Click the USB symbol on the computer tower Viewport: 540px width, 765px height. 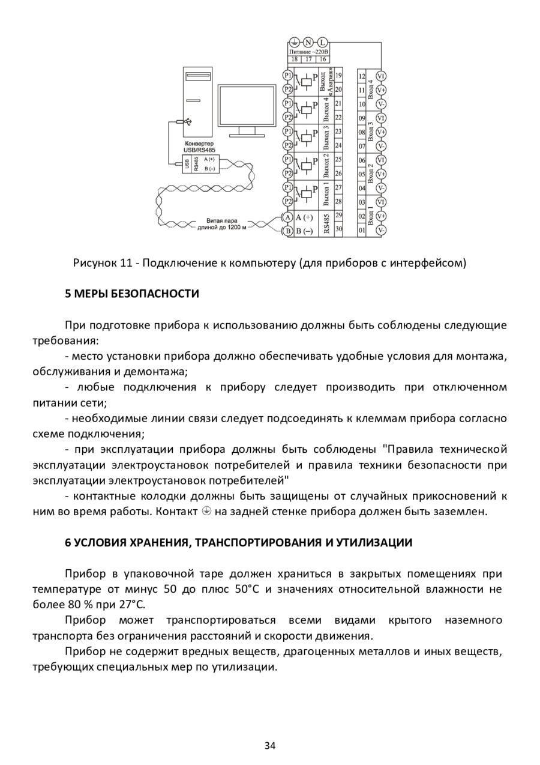click(x=188, y=121)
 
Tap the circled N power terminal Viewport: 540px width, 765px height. click(x=308, y=42)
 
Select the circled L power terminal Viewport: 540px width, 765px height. click(x=322, y=42)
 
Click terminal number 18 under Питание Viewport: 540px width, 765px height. click(x=295, y=59)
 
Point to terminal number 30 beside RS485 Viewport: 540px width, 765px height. click(x=338, y=229)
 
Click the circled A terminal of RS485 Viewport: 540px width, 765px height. click(x=287, y=217)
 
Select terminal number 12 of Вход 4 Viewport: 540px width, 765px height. click(x=362, y=76)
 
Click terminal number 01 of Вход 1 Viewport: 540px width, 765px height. click(x=362, y=230)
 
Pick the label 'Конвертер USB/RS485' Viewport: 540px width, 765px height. click(x=200, y=147)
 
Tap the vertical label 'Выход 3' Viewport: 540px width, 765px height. click(x=326, y=138)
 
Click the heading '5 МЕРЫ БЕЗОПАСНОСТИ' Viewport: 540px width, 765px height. click(x=131, y=294)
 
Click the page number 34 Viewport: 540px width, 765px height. click(x=270, y=745)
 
